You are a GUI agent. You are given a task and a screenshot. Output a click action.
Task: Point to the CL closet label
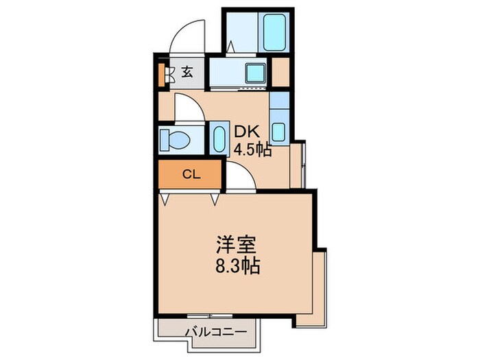[191, 174]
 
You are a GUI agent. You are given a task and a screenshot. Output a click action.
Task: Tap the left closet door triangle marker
[166, 199]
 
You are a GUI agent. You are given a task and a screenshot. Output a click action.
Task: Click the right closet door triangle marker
[215, 199]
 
